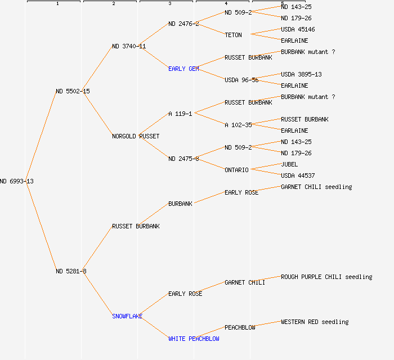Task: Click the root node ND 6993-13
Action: pos(17,181)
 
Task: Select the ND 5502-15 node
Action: pos(73,91)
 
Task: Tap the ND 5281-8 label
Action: pos(71,271)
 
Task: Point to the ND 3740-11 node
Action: pos(129,46)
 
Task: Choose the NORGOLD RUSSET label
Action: pos(136,136)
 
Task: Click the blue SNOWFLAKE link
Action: pos(127,316)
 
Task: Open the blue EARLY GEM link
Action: pos(183,69)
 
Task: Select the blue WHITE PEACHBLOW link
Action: pos(194,339)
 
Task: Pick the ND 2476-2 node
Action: pos(183,24)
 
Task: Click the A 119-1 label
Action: pos(180,114)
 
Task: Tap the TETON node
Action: pos(233,35)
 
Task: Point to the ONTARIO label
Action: pos(236,170)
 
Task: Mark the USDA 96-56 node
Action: pos(241,80)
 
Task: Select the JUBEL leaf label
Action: pos(289,164)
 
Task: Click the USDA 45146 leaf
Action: pos(298,29)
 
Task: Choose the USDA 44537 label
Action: pos(298,175)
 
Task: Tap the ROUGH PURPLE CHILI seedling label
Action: pos(326,277)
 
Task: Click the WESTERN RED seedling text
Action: pos(315,322)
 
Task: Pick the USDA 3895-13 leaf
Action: pos(301,74)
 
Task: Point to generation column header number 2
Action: pos(114,4)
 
